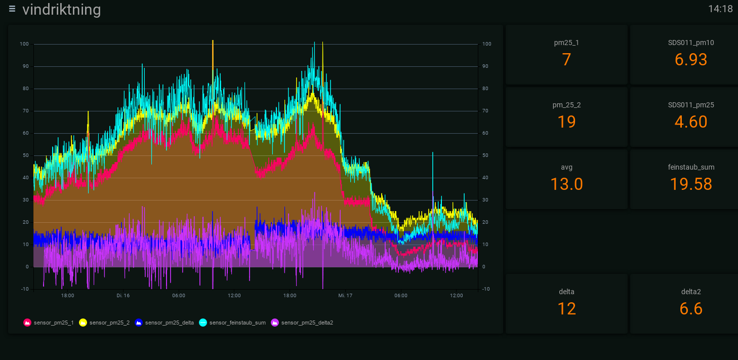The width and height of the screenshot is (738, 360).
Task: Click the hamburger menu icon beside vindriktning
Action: [x=12, y=9]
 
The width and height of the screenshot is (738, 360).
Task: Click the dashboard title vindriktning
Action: [x=61, y=10]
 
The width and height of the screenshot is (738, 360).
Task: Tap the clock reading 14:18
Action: [x=720, y=9]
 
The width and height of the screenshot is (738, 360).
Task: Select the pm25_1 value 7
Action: [x=566, y=60]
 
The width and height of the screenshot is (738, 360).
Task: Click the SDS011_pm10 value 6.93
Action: [x=691, y=60]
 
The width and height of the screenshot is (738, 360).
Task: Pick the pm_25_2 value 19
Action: [x=566, y=122]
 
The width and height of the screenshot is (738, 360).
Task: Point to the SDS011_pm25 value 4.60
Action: [x=691, y=122]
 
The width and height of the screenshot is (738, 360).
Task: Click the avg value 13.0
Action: [x=566, y=184]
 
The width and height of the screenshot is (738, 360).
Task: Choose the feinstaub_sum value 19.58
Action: [x=691, y=184]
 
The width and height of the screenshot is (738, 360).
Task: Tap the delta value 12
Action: [x=566, y=309]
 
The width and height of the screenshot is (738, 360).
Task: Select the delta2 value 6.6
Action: [x=691, y=309]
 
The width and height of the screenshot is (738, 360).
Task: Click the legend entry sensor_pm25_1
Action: [x=49, y=323]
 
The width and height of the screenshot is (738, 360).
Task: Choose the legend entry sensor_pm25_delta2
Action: [x=302, y=323]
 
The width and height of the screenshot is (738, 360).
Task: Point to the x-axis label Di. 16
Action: [x=123, y=295]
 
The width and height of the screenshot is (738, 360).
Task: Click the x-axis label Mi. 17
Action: [x=345, y=295]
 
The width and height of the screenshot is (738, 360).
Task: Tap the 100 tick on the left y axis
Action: [x=24, y=44]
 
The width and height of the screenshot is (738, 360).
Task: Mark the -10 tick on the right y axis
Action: [x=486, y=289]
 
